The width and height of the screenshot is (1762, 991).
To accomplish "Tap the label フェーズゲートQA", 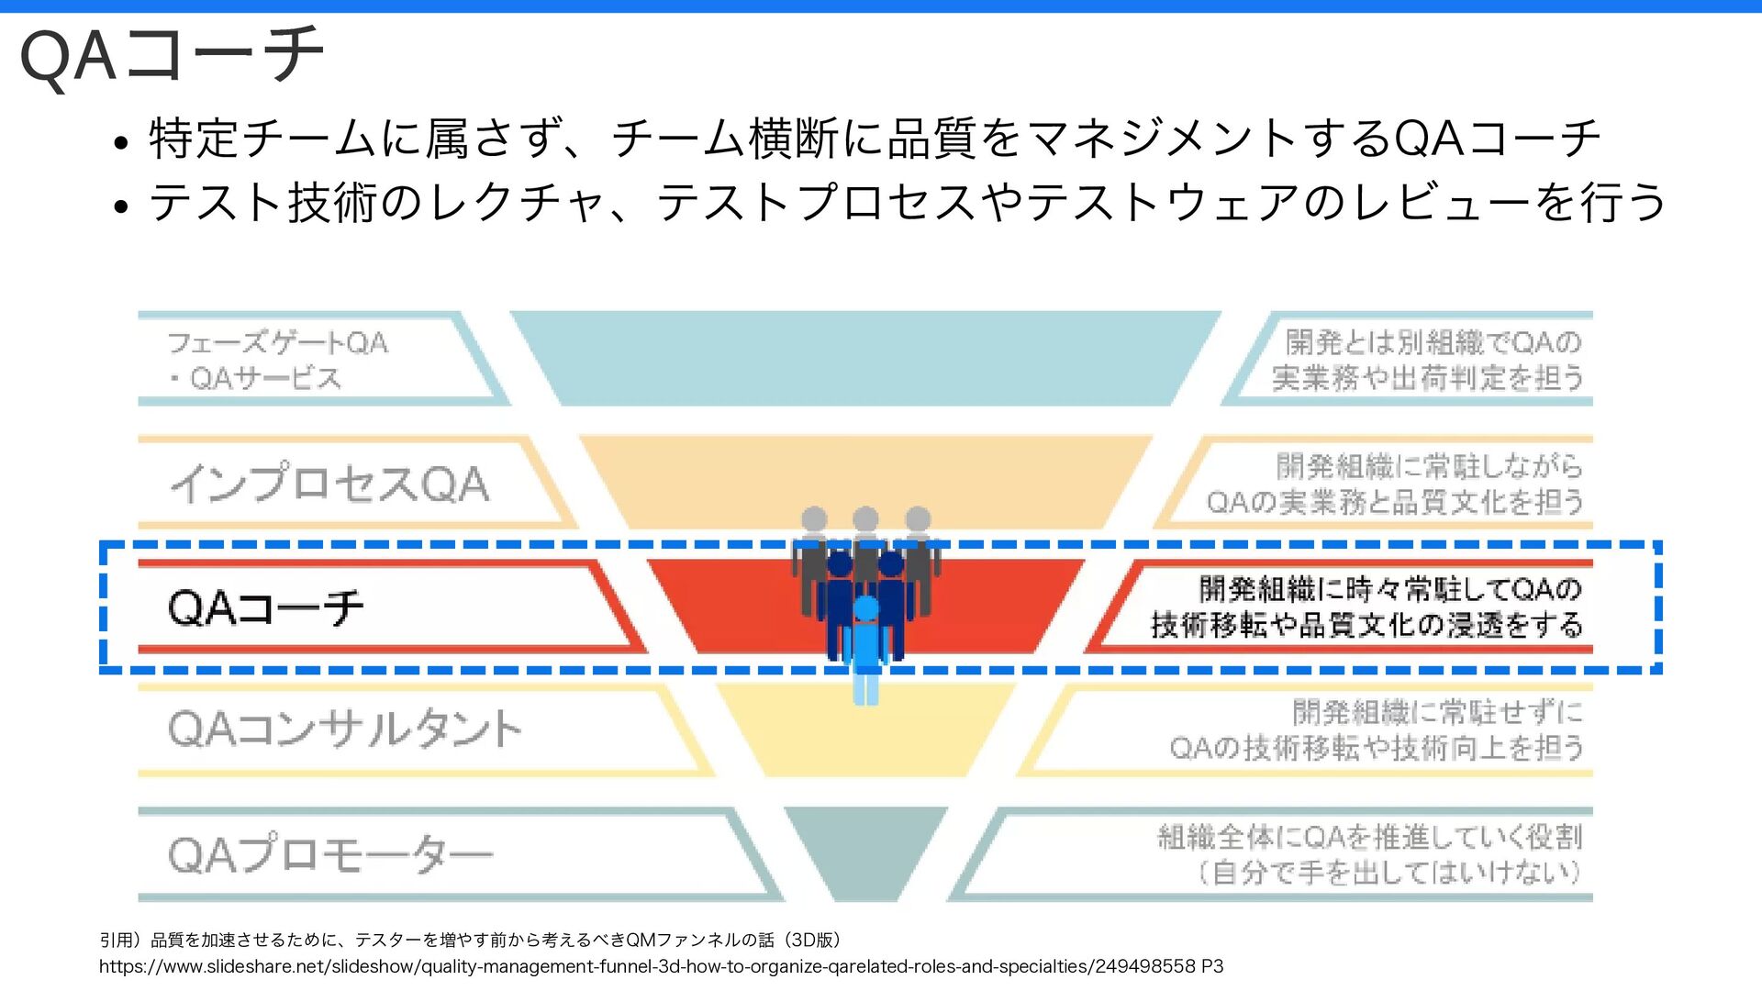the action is click(278, 342).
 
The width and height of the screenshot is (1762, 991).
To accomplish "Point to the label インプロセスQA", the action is click(329, 484).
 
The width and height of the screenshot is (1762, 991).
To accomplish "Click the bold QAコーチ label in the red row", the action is click(266, 607).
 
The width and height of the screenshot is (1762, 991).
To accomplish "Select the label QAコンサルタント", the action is click(345, 729).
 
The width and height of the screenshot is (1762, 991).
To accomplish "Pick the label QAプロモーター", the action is click(330, 854).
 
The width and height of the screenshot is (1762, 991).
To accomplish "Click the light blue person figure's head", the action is click(865, 607).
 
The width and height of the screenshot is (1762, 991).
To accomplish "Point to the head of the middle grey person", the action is click(865, 519).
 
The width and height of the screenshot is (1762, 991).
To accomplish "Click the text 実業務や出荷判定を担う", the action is click(1428, 377).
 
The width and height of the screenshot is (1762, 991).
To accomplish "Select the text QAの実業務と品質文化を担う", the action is click(1395, 502).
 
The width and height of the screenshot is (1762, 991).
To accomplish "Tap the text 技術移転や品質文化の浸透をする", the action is click(1367, 625).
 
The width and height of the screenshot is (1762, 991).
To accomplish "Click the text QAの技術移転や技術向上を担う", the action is click(1377, 748).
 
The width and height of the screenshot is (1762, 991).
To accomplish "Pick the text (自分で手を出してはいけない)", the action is click(1389, 872).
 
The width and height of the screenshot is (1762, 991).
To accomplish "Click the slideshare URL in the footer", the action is click(661, 966).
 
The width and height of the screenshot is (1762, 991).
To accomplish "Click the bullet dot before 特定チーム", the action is click(119, 143).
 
